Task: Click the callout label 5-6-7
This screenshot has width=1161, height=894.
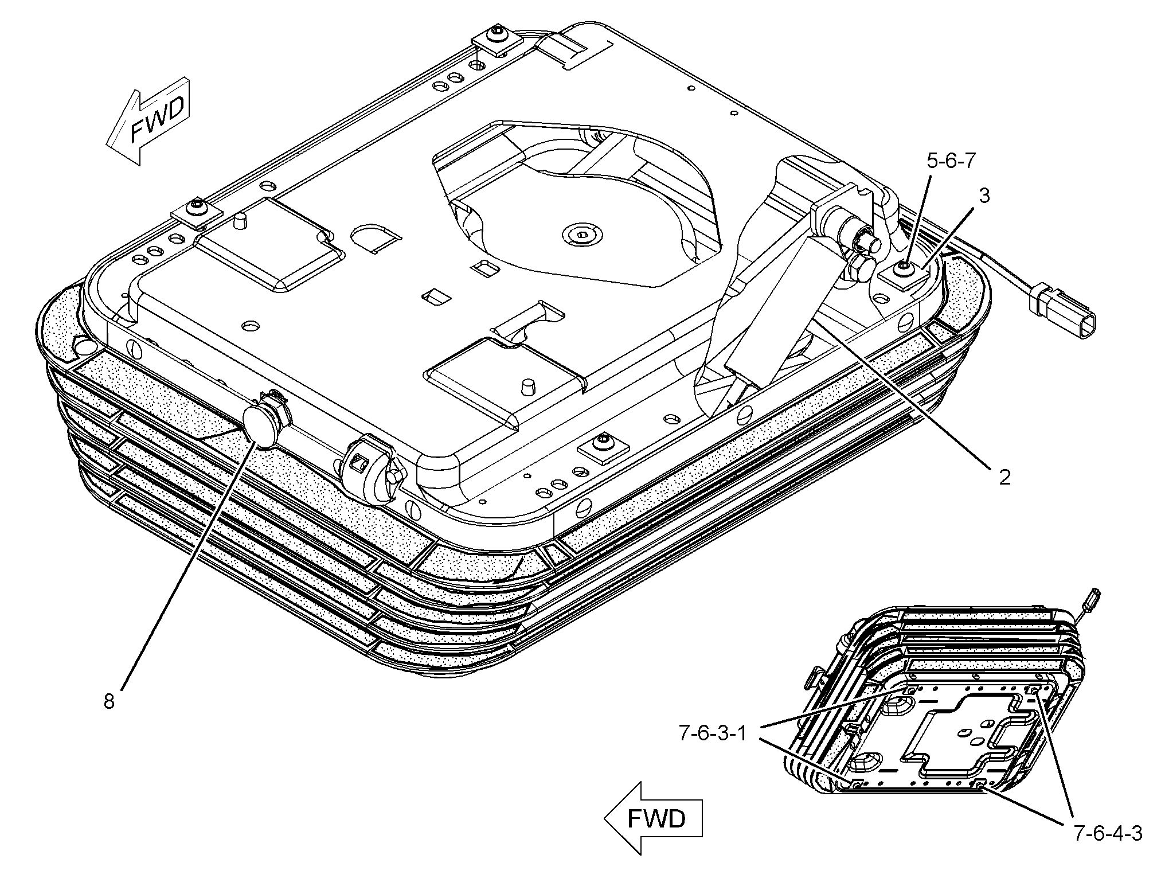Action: [951, 161]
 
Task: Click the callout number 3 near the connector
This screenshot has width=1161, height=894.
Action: [984, 196]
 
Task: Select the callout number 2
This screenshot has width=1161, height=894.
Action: [1004, 477]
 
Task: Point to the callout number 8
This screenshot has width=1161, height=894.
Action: [109, 701]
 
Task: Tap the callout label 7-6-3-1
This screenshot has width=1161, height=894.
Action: [713, 733]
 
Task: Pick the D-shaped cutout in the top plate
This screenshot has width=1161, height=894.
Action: [377, 236]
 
